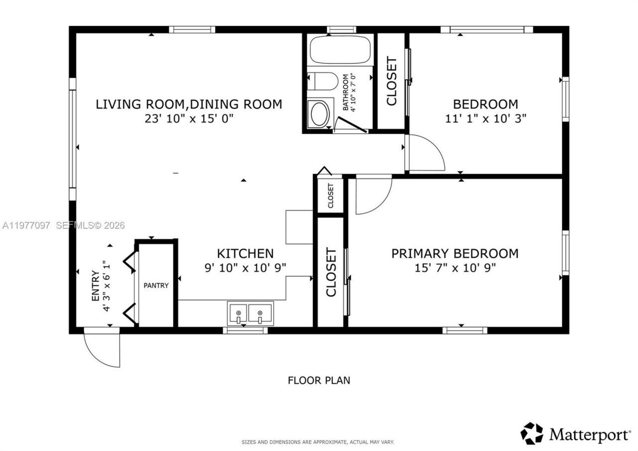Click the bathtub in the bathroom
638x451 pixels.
click(340, 49)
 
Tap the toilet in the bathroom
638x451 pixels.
click(319, 81)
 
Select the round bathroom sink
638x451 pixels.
click(319, 113)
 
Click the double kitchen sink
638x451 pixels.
click(250, 313)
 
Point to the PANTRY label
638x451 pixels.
click(156, 286)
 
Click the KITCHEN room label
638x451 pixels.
click(245, 253)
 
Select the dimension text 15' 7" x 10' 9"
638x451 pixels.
click(455, 268)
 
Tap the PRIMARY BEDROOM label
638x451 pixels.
click(455, 253)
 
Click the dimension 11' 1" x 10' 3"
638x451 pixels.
click(485, 119)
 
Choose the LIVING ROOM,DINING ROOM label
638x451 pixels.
click(189, 104)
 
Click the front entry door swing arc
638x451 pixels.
click(102, 350)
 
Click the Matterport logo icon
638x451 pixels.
click(532, 433)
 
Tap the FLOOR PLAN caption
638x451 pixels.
click(319, 381)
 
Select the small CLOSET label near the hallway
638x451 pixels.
click(330, 196)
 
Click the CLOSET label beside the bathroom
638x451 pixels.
click(392, 81)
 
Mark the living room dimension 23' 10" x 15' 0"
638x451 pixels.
click(189, 119)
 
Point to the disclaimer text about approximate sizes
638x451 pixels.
click(318, 442)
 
